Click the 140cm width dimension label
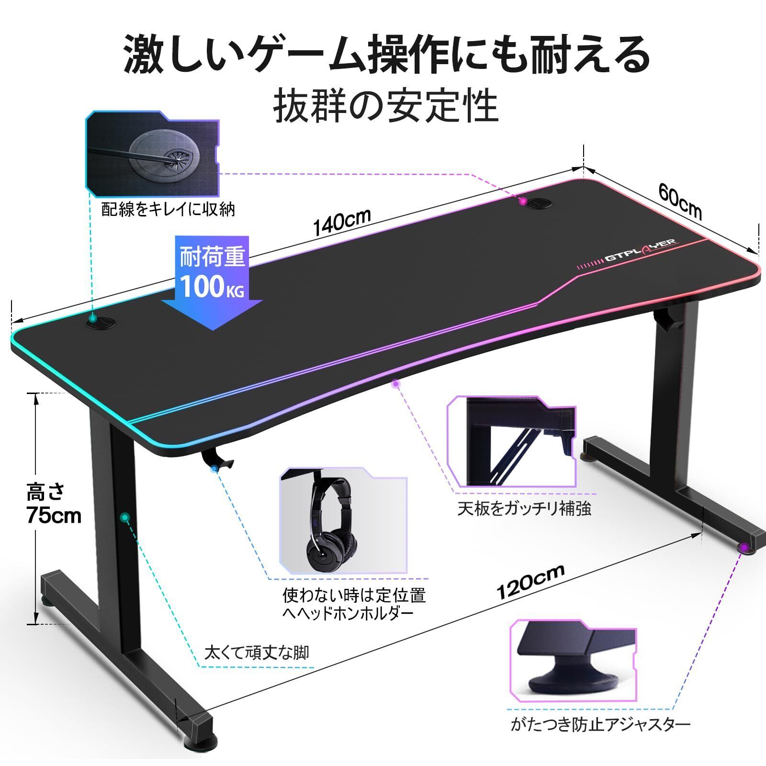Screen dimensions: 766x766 pyautogui.click(x=342, y=222)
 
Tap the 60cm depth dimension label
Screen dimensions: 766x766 pyautogui.click(x=680, y=201)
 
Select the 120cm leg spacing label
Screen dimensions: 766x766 pyautogui.click(x=530, y=581)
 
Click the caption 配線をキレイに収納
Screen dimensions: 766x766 pyautogui.click(x=169, y=210)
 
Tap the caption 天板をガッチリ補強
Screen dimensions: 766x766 pyautogui.click(x=524, y=508)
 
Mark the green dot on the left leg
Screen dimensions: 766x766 pyautogui.click(x=125, y=517)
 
